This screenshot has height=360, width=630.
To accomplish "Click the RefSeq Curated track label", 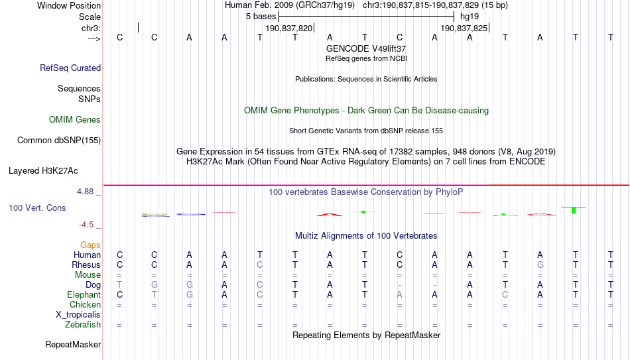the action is (70, 68).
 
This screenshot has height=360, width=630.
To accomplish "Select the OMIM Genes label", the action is (75, 120).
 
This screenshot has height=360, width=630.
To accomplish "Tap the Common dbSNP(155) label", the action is (59, 141).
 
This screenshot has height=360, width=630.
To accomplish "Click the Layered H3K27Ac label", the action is (43, 171).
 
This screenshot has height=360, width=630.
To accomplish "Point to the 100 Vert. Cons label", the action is (37, 208).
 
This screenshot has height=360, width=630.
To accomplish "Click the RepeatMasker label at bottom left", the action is (73, 344).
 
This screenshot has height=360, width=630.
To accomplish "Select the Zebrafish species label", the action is (83, 325).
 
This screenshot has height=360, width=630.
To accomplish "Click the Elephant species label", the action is (84, 295).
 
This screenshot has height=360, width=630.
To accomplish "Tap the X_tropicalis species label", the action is (78, 315).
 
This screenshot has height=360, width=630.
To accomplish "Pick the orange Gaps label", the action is (90, 245).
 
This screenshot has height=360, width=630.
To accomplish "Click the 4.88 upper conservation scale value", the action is (85, 192).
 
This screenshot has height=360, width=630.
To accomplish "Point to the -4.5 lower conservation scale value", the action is (86, 225).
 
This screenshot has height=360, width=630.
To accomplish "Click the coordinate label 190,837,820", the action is (289, 28).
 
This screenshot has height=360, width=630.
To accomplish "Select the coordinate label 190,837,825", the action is (464, 28).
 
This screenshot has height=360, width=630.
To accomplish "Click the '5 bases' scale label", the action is (261, 17).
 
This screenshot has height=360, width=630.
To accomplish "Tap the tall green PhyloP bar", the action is (574, 210).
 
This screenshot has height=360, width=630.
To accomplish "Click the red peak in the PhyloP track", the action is (330, 215).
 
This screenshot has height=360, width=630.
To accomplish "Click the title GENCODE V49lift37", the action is (366, 48).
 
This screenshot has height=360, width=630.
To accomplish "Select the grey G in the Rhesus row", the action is (540, 265).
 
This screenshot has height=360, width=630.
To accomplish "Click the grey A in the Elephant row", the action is (399, 295).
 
